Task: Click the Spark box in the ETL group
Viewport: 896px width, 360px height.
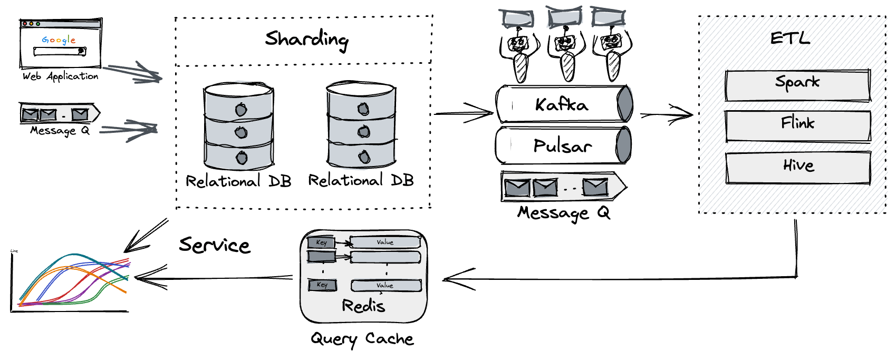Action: pos(797,84)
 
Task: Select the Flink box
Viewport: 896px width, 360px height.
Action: pos(797,125)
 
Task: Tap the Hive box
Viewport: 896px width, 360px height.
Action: pos(797,167)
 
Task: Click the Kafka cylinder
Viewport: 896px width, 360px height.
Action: pos(563,104)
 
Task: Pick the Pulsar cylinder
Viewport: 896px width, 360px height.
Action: pos(563,145)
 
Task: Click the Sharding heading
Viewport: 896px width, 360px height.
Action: pos(306,40)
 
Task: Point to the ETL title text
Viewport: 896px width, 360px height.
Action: pos(789,38)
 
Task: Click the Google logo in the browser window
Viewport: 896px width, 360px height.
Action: pos(59,40)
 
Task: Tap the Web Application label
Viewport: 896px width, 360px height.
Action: pos(60,76)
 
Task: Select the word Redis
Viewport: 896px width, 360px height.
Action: pos(363,306)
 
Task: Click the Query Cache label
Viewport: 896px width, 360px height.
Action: pos(362,339)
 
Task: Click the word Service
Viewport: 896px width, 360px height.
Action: pos(214,245)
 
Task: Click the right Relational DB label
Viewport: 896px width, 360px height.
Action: pos(361,181)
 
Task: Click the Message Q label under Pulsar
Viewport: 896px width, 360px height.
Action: pos(563,213)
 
